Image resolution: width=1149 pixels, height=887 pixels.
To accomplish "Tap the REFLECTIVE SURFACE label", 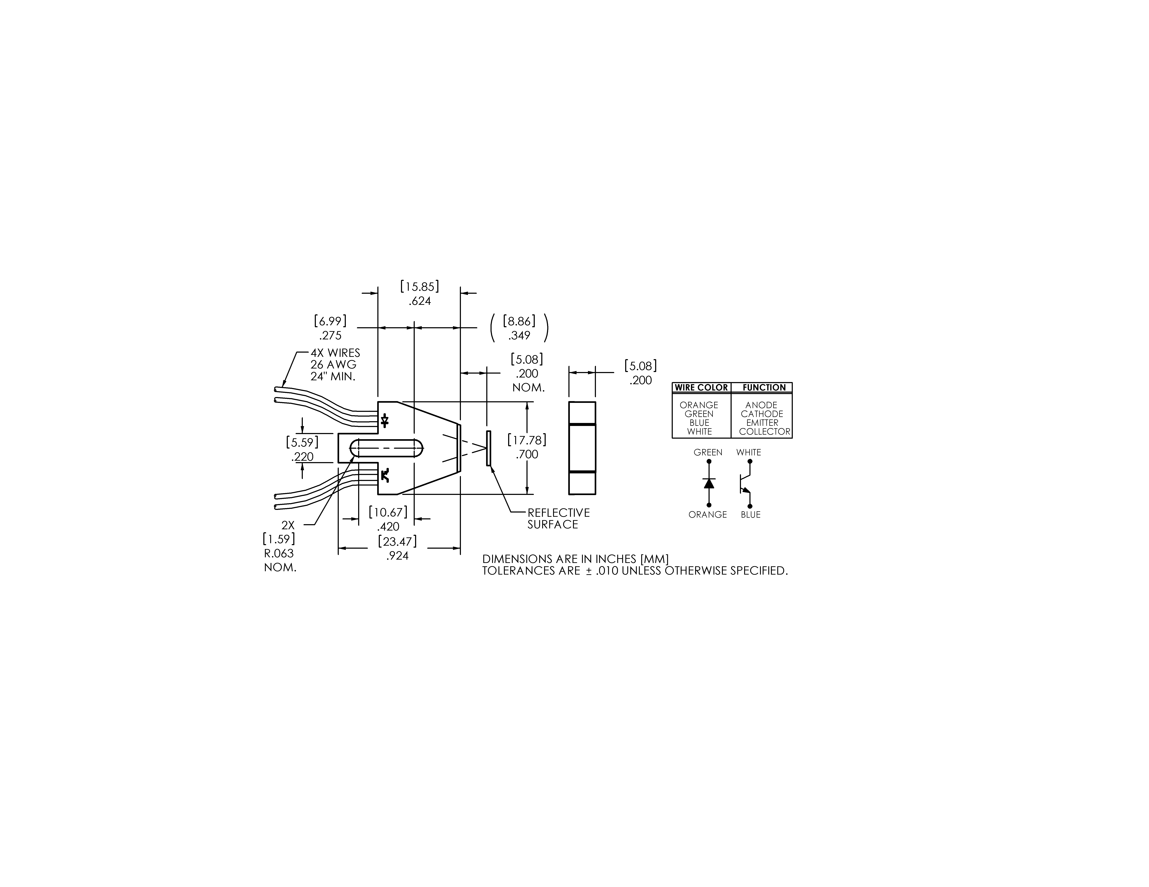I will pos(558,519).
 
